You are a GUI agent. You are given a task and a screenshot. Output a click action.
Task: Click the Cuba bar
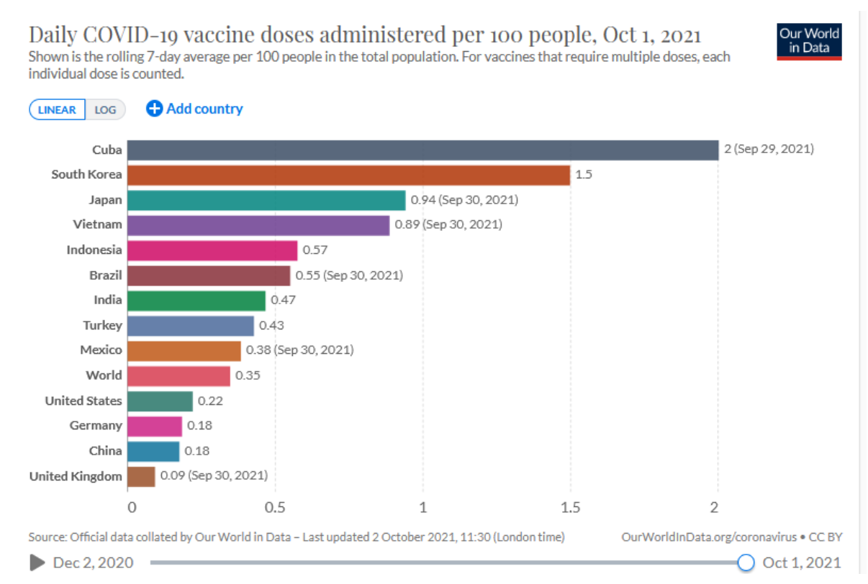click(422, 150)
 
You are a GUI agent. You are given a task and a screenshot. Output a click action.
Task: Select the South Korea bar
click(348, 175)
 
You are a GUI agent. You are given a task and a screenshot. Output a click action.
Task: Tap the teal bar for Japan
click(266, 200)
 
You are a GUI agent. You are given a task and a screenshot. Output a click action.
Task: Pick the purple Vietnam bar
click(258, 224)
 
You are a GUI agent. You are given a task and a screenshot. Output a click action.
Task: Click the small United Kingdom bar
click(141, 476)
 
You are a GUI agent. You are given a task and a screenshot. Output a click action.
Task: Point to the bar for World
click(178, 375)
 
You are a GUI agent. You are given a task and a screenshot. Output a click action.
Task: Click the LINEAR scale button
click(57, 110)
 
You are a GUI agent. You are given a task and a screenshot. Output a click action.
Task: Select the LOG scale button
click(106, 110)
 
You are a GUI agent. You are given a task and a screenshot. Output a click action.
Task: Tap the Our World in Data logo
click(810, 41)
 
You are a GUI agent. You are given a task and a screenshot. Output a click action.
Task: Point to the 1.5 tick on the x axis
click(570, 507)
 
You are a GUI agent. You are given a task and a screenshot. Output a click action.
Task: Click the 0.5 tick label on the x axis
click(275, 507)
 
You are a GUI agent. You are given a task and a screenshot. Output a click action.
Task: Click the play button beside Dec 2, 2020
click(37, 562)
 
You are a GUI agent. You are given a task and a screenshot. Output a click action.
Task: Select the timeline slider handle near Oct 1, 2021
click(746, 562)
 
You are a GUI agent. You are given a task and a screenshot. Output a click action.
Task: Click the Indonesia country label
click(94, 250)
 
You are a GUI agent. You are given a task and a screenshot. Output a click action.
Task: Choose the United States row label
click(83, 401)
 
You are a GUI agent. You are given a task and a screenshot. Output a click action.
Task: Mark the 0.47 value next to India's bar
click(283, 300)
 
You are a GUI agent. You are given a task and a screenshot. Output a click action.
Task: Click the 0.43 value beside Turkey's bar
click(271, 325)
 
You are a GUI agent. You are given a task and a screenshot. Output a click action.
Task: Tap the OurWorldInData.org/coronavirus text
click(709, 537)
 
